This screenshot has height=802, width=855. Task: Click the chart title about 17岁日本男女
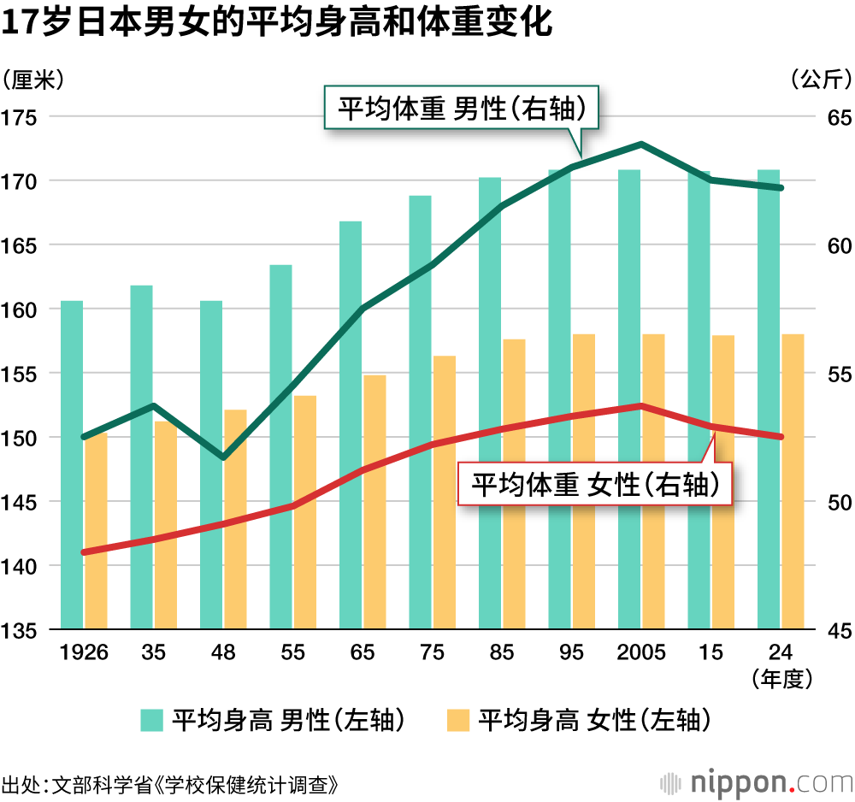[x=277, y=24]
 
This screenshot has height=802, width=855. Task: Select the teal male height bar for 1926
[x=72, y=466]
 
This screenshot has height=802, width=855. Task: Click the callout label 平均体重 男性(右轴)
[x=462, y=109]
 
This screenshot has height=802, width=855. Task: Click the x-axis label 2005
[x=641, y=652]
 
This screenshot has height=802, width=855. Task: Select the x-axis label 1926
[x=84, y=652]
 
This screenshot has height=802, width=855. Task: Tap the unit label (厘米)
[x=32, y=80]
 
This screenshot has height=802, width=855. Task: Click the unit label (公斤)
[x=821, y=80]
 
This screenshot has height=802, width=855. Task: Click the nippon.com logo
[x=758, y=781]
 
